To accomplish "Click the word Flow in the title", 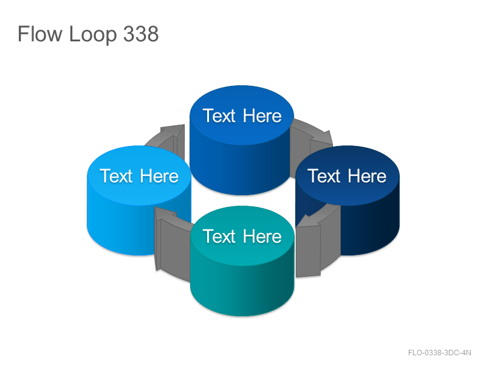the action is (40, 33).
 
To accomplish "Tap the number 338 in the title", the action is (141, 33).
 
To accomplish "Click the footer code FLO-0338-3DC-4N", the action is (439, 353).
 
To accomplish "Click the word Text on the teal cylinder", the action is (219, 236).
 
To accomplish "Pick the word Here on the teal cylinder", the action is (262, 236).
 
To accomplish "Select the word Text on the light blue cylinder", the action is (116, 176).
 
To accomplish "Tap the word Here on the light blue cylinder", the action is (159, 176).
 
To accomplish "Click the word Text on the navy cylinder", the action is (324, 176).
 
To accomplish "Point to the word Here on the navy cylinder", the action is (367, 176).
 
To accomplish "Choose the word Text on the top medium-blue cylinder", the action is (219, 116).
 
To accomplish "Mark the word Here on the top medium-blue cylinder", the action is (262, 116).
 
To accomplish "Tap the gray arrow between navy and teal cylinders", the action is (313, 245).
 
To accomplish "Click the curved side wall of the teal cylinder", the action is (242, 290).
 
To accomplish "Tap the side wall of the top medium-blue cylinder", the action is (242, 169).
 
